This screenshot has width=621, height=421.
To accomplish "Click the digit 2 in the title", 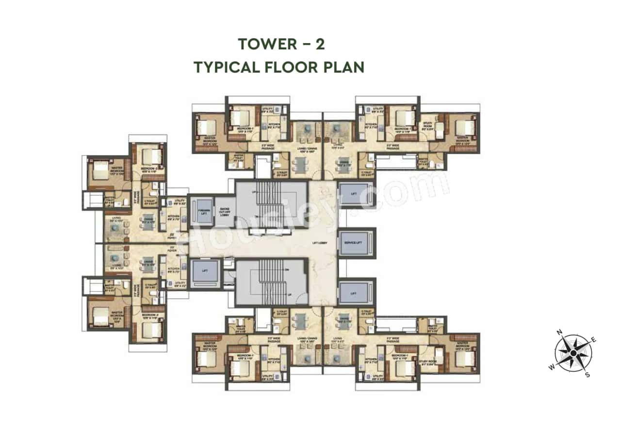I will [320, 44].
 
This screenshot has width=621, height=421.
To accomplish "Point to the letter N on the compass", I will [559, 332].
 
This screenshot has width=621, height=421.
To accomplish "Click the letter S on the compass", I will [587, 374].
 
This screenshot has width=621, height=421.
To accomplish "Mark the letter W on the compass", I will [552, 367].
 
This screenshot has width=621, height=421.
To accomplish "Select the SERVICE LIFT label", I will [357, 242].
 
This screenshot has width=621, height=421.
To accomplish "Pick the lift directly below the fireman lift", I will [204, 273].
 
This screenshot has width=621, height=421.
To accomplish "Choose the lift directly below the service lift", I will [354, 293].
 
